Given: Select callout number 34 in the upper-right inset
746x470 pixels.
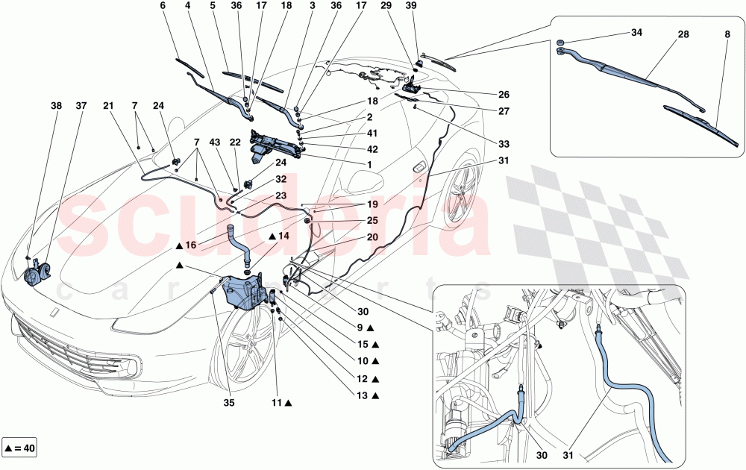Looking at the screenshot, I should click(636, 34).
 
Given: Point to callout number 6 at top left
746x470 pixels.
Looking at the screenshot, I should click(163, 7).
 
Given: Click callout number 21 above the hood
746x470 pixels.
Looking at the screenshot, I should click(107, 107).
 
